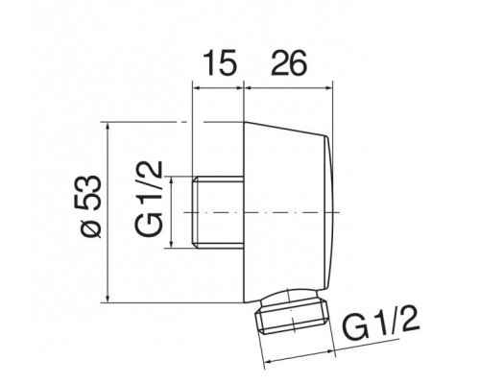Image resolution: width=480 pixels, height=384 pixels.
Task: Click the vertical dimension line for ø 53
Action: click(x=110, y=211)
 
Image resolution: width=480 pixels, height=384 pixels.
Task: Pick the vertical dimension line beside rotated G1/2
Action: click(x=174, y=211)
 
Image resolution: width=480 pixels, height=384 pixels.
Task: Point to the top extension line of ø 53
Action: click(x=144, y=123)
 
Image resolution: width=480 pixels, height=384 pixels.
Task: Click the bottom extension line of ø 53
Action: click(x=144, y=300)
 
